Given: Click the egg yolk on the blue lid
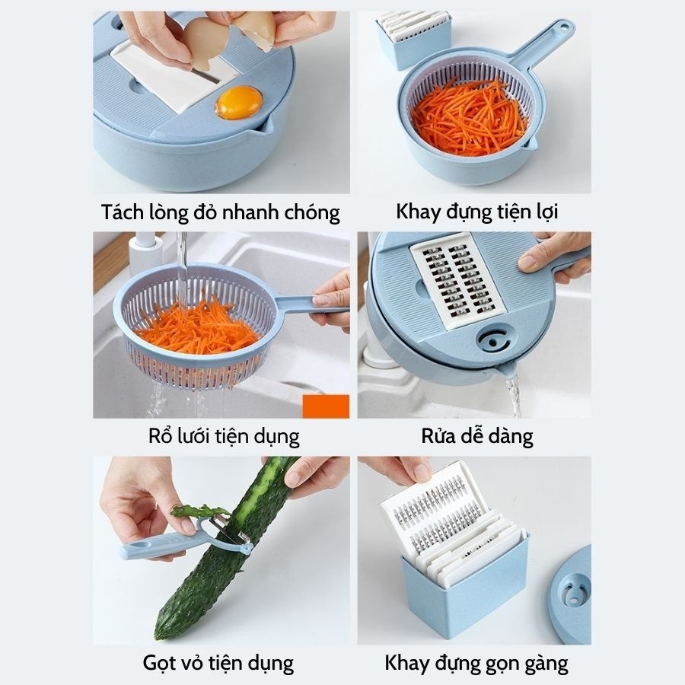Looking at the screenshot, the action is [239, 102].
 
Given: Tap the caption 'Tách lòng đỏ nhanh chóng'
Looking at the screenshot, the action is [221, 213].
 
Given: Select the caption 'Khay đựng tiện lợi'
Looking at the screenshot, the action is [477, 212].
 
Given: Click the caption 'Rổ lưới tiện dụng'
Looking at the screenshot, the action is [224, 436].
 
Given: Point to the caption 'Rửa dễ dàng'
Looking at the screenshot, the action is [477, 436].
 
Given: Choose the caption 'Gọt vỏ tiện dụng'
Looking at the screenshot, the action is [218, 663].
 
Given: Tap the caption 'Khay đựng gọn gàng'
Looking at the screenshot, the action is [476, 663].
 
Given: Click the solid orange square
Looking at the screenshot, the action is [326, 406].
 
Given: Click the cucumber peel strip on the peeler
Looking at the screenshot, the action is [199, 511].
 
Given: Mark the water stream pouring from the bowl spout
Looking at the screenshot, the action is [514, 397].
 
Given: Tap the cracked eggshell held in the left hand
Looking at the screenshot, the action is [205, 43].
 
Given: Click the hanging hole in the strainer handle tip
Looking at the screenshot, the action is [562, 28].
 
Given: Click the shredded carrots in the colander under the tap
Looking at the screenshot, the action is [199, 327].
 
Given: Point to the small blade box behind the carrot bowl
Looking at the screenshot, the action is [412, 40].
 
